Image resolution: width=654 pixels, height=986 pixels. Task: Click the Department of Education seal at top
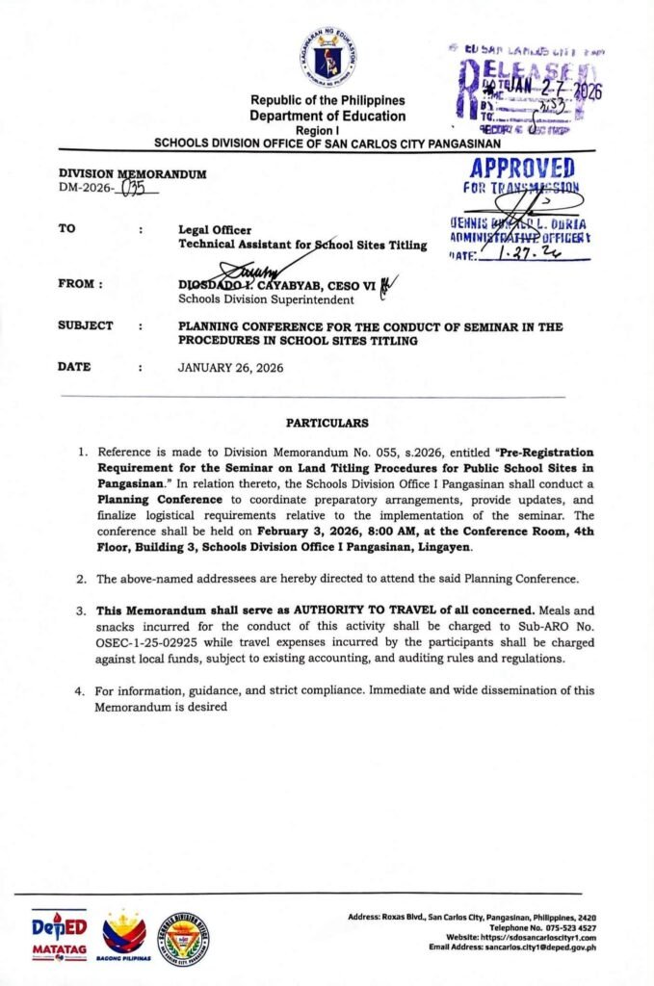pyautogui.click(x=327, y=61)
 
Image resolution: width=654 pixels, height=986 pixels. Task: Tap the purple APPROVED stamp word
pyautogui.click(x=524, y=169)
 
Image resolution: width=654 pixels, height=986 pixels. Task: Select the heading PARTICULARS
pyautogui.click(x=327, y=423)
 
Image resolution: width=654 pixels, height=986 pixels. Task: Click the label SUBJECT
pyautogui.click(x=86, y=326)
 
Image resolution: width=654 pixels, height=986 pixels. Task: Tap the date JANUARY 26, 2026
pyautogui.click(x=231, y=367)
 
